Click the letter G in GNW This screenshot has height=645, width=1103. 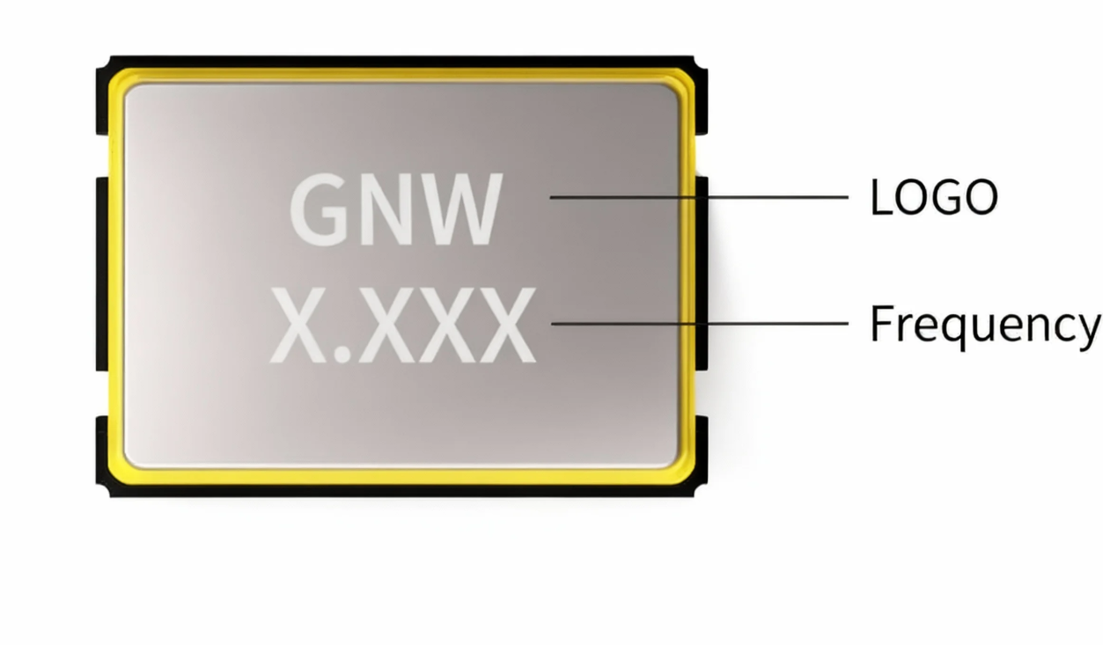click(x=324, y=210)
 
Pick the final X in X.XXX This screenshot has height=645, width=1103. click(x=504, y=326)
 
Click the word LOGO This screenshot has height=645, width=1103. click(x=933, y=197)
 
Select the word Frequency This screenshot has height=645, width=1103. click(x=984, y=325)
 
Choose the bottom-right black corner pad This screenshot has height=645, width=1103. click(x=701, y=453)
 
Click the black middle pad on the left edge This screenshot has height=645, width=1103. click(x=102, y=273)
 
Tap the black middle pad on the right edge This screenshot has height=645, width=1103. click(x=702, y=273)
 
